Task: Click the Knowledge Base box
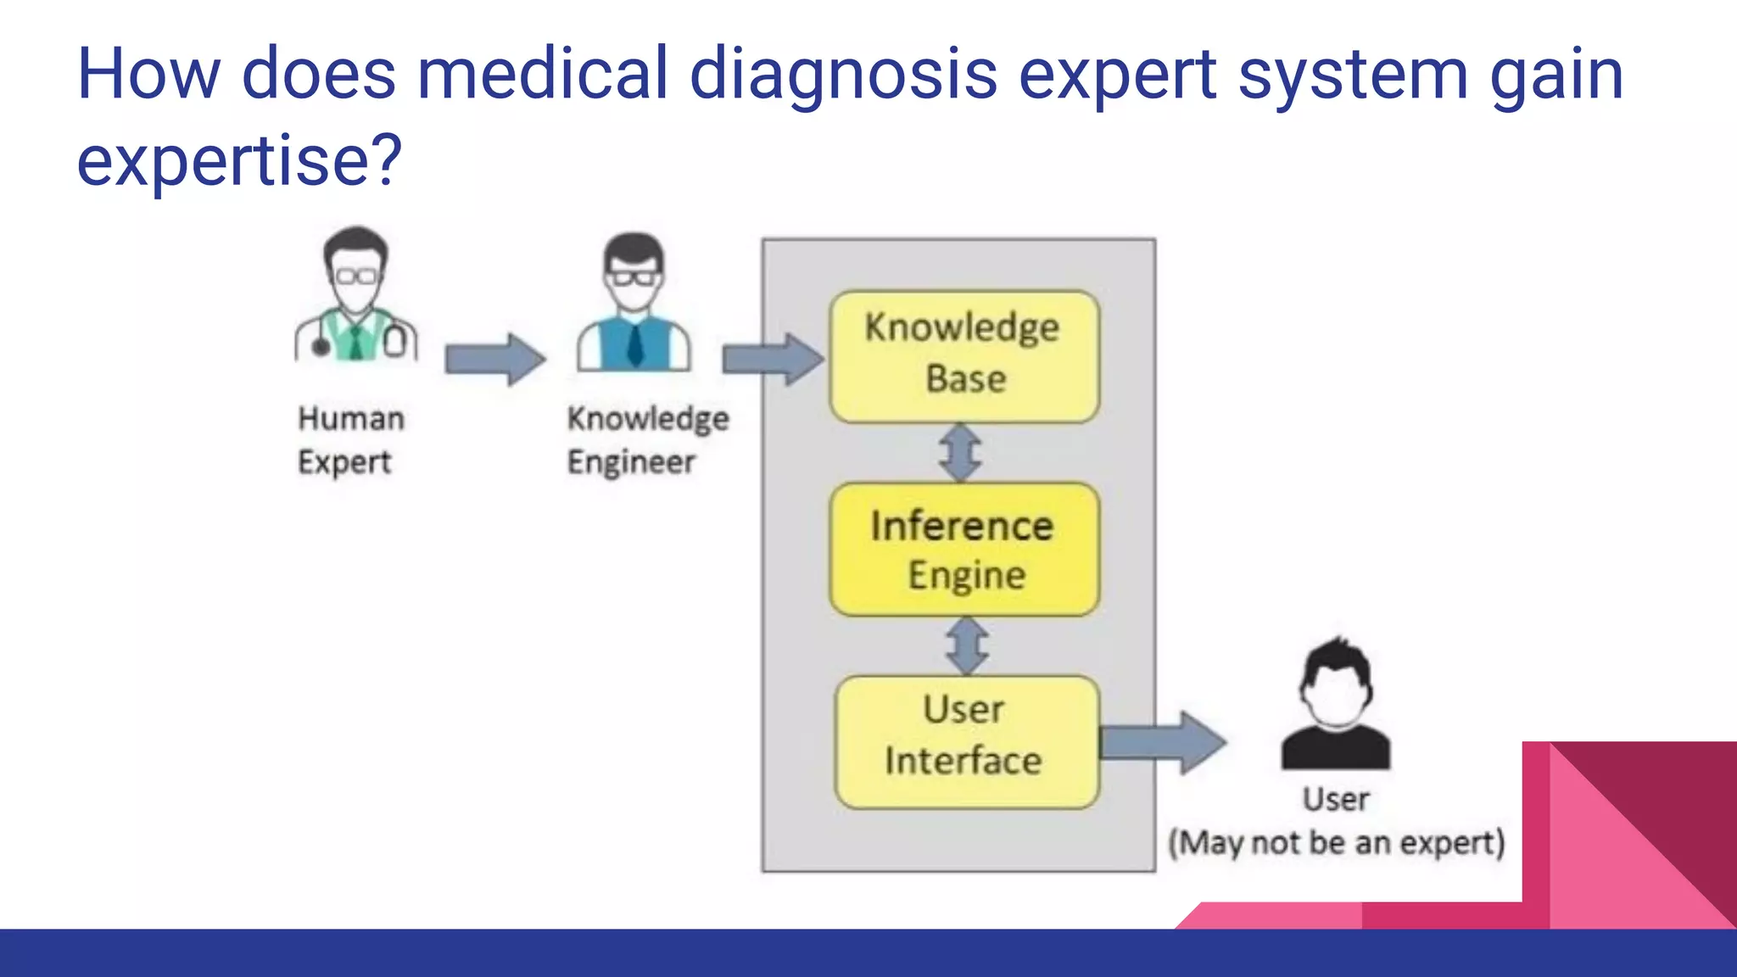click(x=964, y=356)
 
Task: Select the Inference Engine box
click(x=964, y=550)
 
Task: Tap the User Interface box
click(x=966, y=741)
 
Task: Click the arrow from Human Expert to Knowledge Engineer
click(x=495, y=360)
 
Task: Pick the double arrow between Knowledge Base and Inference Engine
click(x=961, y=453)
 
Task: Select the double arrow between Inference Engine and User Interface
click(x=967, y=646)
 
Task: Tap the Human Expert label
click(x=350, y=440)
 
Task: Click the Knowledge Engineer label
click(x=647, y=440)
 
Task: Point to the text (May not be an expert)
click(x=1337, y=843)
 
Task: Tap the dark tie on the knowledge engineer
click(x=634, y=344)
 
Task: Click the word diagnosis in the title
click(x=843, y=75)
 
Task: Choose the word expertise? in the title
click(x=239, y=161)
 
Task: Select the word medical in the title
click(x=543, y=75)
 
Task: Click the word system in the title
click(x=1352, y=75)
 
